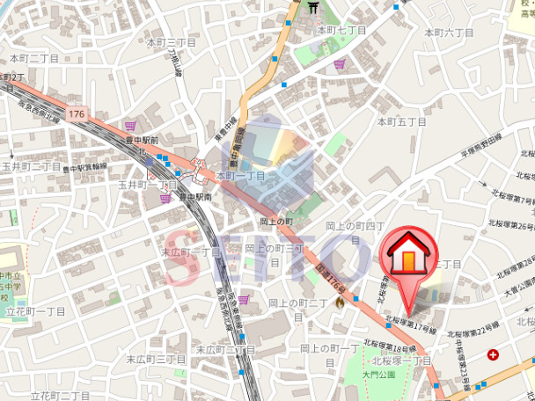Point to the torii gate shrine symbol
coord(312,9)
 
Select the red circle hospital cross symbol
coord(493,355)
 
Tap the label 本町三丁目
coord(172,42)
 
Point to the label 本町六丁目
coord(450,32)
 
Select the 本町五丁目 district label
coord(401,120)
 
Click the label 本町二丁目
coord(34,58)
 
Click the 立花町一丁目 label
coord(36,311)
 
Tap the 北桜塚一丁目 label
coord(401,361)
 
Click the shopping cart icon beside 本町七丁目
coord(340,63)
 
